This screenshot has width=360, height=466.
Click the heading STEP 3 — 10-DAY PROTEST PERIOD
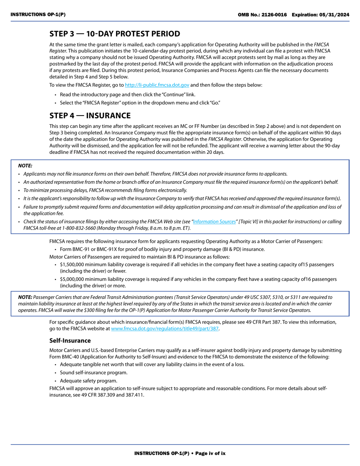coord(114,34)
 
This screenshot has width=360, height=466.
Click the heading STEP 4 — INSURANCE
coord(90,116)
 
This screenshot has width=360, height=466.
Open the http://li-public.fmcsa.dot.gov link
coord(157,85)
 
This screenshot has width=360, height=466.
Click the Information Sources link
coord(214,222)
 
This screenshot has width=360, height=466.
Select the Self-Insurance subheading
coord(70,341)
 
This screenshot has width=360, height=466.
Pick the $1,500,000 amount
coord(73,264)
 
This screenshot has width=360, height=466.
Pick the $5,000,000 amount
coord(73,279)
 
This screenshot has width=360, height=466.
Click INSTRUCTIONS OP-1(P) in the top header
coord(38,15)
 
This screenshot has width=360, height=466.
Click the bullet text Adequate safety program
coord(88,381)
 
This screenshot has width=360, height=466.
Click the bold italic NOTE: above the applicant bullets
coord(25,166)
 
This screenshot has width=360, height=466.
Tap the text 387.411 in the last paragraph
coord(136,395)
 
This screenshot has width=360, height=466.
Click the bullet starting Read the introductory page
coord(127,95)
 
